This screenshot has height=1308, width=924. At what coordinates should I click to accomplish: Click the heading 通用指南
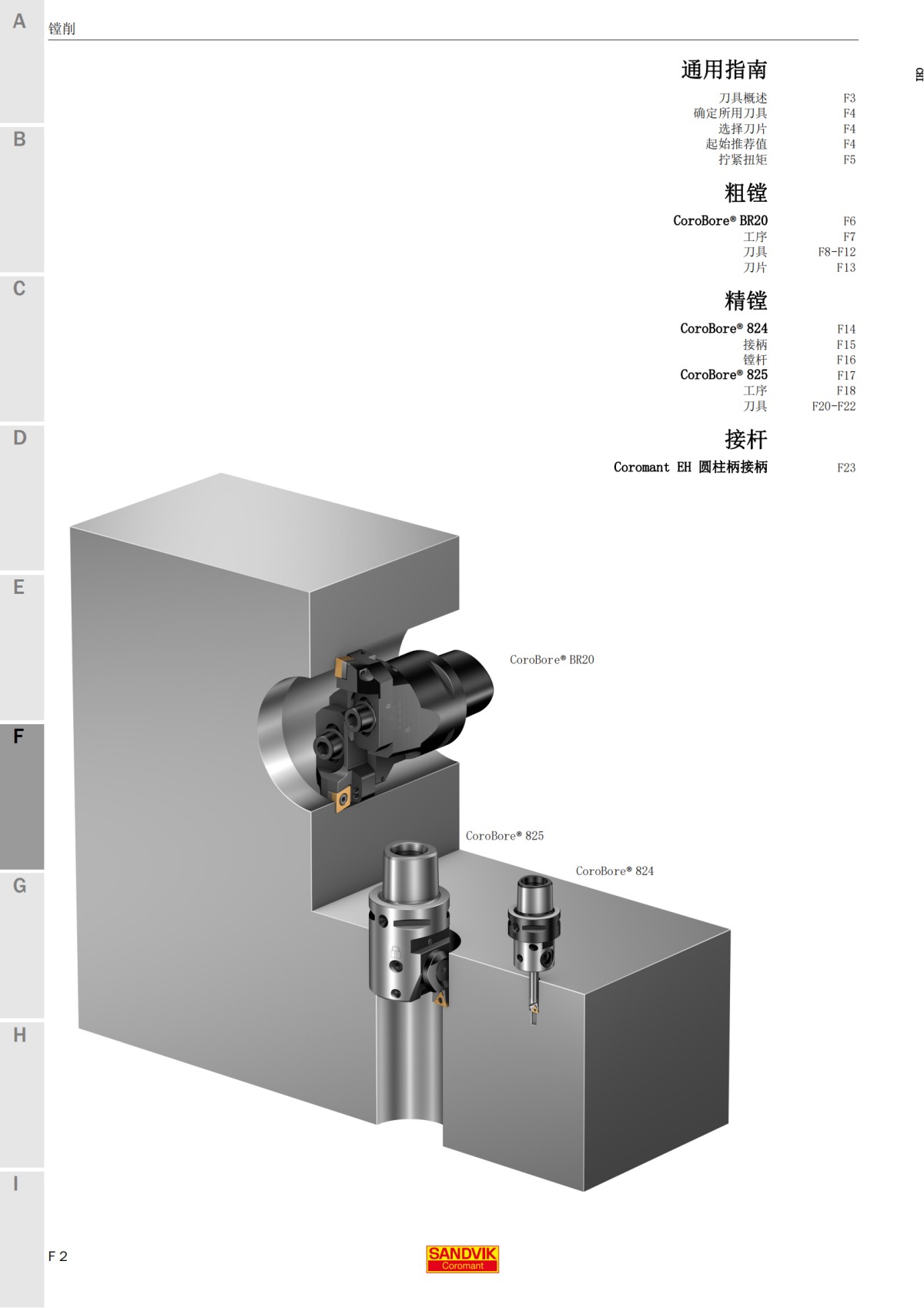click(x=724, y=70)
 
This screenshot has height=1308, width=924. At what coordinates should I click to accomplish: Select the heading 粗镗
click(x=745, y=193)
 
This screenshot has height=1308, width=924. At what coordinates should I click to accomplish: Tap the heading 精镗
click(x=745, y=300)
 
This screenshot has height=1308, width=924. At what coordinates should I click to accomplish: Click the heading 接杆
click(x=745, y=439)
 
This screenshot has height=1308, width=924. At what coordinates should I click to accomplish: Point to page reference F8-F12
click(x=836, y=252)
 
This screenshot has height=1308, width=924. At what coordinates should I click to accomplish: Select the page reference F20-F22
click(x=833, y=406)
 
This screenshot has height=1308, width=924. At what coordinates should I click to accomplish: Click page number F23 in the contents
click(x=845, y=468)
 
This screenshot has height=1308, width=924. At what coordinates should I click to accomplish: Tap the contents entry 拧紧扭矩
click(x=742, y=159)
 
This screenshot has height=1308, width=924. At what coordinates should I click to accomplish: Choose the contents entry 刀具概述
click(x=742, y=98)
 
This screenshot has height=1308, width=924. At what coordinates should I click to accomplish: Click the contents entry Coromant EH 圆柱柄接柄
click(x=690, y=467)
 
